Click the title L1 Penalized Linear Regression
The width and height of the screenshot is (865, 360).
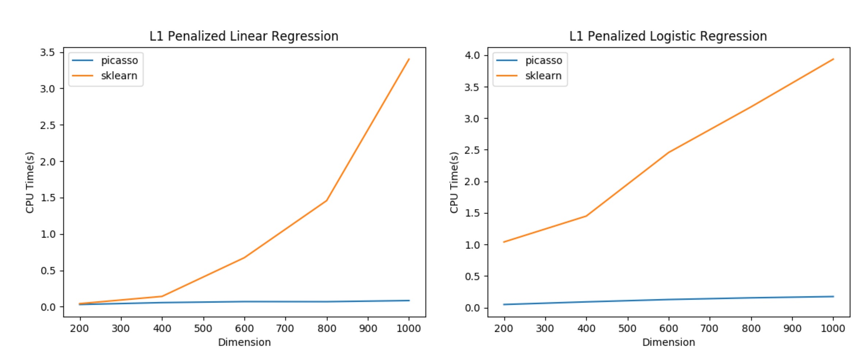tap(244, 36)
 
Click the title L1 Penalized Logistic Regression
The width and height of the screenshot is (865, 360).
tap(668, 36)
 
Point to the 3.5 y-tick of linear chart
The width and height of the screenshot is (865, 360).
tap(47, 52)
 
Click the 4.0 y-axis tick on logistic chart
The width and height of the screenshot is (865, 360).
tap(472, 55)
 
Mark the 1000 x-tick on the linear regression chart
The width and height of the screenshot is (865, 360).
tap(409, 328)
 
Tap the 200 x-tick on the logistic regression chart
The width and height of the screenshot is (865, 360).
tap(504, 328)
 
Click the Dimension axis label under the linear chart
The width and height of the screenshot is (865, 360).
tap(244, 342)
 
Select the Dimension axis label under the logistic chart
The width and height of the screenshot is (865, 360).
tap(669, 342)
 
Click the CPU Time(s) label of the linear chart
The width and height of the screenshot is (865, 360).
tap(30, 182)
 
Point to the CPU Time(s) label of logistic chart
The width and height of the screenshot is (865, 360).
tap(454, 182)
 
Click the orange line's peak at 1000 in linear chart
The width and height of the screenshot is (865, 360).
tap(409, 59)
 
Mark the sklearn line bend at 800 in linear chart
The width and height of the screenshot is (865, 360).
tap(326, 200)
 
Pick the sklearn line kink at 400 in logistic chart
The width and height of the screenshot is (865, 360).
tap(586, 216)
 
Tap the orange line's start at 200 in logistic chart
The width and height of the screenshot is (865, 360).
tap(504, 242)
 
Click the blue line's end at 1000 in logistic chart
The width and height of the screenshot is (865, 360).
tap(833, 296)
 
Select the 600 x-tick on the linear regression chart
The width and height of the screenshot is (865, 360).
tap(244, 328)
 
